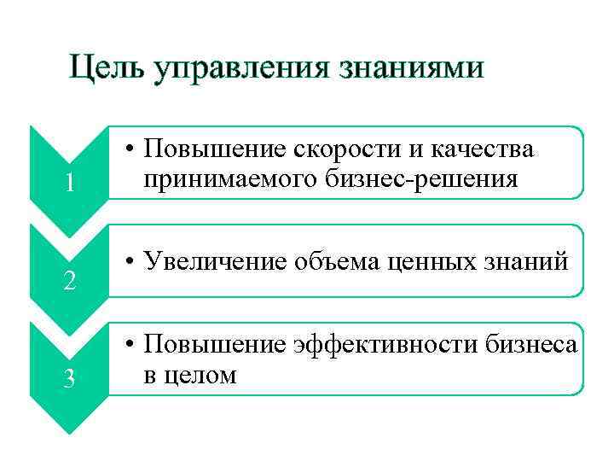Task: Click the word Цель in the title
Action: [107, 67]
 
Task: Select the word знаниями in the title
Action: [412, 67]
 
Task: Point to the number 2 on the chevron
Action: [69, 280]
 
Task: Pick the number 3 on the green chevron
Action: [69, 378]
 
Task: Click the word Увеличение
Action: [217, 261]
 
